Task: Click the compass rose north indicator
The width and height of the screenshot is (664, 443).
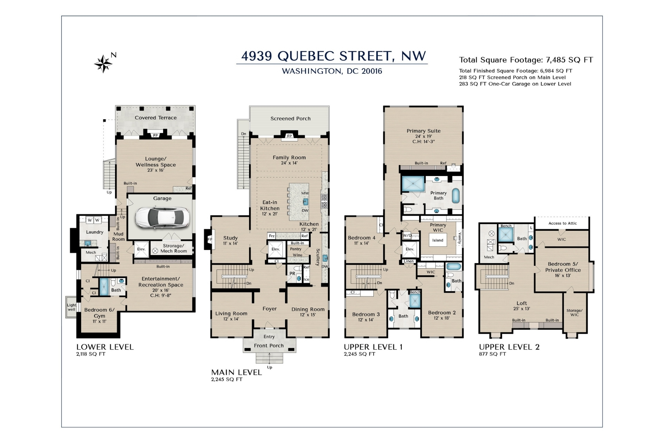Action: (104, 63)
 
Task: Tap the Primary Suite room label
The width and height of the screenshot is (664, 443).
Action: (423, 131)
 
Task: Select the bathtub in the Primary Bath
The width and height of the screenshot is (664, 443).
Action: (456, 196)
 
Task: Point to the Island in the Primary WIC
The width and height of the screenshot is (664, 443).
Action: (438, 240)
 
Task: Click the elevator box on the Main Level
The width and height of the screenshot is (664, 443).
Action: (276, 249)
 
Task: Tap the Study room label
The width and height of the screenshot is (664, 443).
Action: (230, 238)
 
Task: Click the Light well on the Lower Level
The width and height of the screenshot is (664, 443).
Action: (71, 307)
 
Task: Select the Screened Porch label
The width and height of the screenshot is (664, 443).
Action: (290, 119)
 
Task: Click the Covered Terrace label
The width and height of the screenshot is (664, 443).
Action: (155, 118)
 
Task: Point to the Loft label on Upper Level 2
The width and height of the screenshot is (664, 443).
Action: (522, 303)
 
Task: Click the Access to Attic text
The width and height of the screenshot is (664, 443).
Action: (562, 223)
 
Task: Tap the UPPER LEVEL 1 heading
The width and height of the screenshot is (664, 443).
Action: (373, 347)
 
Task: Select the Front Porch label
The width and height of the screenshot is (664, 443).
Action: (269, 346)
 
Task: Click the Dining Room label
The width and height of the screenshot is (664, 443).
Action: (308, 309)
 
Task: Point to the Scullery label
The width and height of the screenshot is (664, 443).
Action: (318, 257)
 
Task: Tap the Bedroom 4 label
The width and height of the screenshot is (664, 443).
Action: (362, 238)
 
